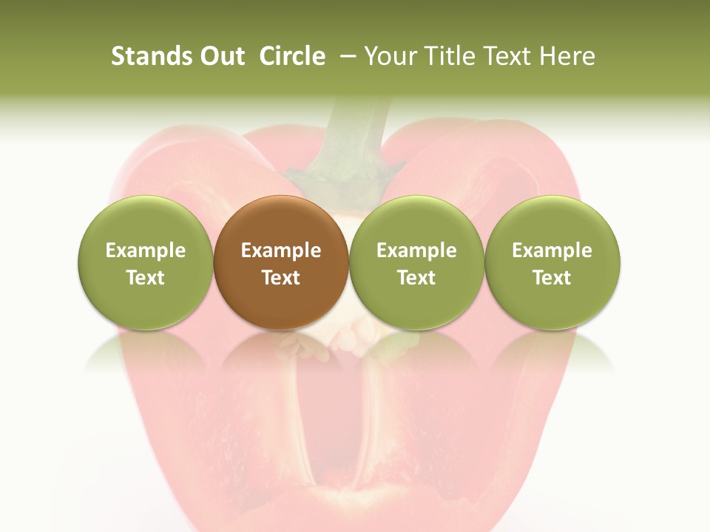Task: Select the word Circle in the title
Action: (x=292, y=56)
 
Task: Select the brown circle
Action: (x=280, y=262)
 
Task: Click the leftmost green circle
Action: (x=145, y=262)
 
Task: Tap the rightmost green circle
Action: (x=552, y=262)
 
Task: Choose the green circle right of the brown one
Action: (x=416, y=262)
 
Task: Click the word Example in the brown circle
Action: (x=281, y=251)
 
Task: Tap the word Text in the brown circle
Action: (x=281, y=278)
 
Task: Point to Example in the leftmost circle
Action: (x=146, y=251)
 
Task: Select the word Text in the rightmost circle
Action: (x=552, y=278)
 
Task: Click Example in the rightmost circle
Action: (x=552, y=251)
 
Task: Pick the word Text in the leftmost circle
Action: (x=146, y=278)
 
